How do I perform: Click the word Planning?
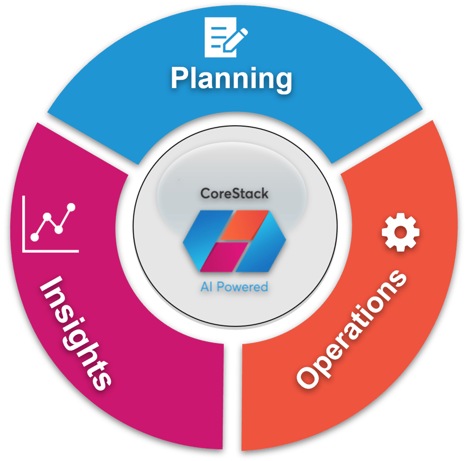tap(231, 79)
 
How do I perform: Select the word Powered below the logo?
tap(242, 286)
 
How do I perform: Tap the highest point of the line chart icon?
tap(71, 207)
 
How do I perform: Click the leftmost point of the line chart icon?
tap(35, 237)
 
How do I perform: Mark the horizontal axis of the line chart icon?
tap(52, 251)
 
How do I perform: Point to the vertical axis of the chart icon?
tap(24, 222)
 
